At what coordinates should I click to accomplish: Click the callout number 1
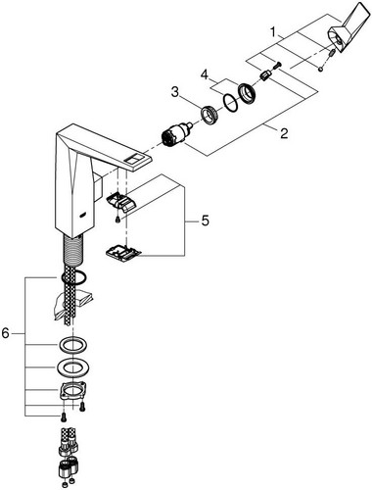tap(273, 32)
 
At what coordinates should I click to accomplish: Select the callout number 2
tap(284, 133)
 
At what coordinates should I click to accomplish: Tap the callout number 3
tap(175, 92)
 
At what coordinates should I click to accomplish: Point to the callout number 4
tap(205, 74)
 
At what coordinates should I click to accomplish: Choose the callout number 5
tap(205, 221)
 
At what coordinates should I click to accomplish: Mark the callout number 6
tap(6, 333)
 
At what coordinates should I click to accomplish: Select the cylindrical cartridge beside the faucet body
tap(176, 135)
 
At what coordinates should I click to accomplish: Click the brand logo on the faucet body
tap(83, 215)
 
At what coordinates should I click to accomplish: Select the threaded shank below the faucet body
tap(73, 249)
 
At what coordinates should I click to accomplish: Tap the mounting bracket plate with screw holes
tap(72, 389)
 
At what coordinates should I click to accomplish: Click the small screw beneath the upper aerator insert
tap(117, 220)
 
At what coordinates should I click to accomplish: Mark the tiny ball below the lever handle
tap(321, 69)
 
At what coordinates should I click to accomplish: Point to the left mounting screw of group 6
tap(62, 416)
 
